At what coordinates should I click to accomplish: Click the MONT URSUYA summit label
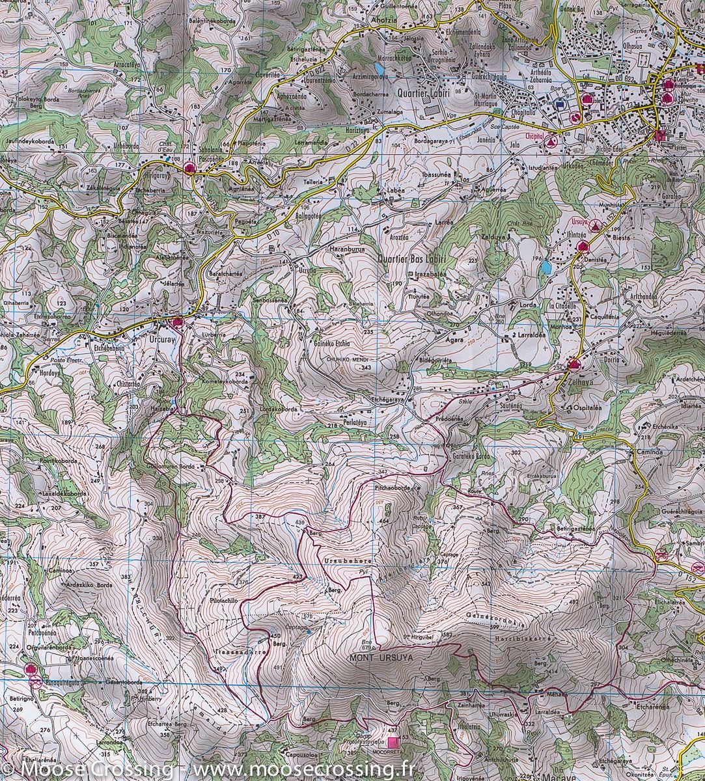(381, 658)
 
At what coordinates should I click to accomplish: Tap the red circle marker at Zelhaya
(573, 365)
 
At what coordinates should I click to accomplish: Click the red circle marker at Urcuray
(176, 321)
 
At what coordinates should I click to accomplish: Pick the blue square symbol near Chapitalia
(560, 103)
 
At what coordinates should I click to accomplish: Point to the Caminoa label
(648, 450)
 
